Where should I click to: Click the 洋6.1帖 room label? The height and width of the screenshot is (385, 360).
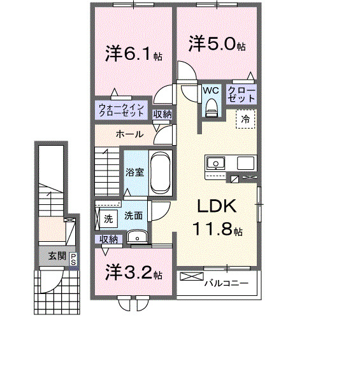pos(133,54)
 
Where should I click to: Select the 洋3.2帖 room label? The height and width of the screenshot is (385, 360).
pos(133,274)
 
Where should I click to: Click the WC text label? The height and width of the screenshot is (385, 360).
pos(211,91)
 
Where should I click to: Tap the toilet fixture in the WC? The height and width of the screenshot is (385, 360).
pos(211,109)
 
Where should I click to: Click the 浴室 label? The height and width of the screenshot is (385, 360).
pos(134,172)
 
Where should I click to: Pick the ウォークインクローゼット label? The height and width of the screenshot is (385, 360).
pos(123,109)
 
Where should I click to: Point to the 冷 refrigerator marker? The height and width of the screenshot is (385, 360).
pos(245,119)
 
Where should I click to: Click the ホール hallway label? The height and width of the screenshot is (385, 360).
pos(129,134)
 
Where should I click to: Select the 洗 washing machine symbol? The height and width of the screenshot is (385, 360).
pos(108,218)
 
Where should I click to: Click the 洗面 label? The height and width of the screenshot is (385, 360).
pos(133,216)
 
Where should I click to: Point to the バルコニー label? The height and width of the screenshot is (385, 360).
pos(226,282)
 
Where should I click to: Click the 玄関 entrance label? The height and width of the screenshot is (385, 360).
pos(56,256)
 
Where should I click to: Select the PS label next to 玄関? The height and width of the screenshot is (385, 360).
pos(74,258)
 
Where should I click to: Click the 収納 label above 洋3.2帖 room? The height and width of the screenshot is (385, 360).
pos(108,239)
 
